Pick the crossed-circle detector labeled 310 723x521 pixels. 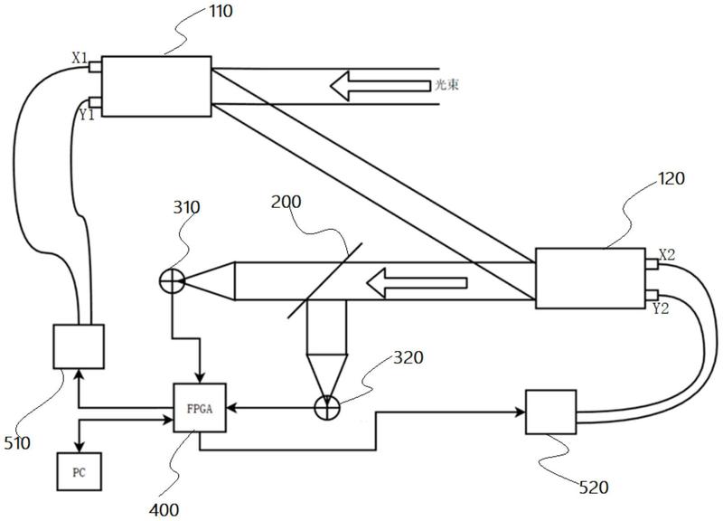pos(170,281)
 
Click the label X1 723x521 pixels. pos(80,59)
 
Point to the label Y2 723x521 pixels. pos(661,308)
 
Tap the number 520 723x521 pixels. pos(595,488)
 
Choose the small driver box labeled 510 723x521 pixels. pos(79,346)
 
